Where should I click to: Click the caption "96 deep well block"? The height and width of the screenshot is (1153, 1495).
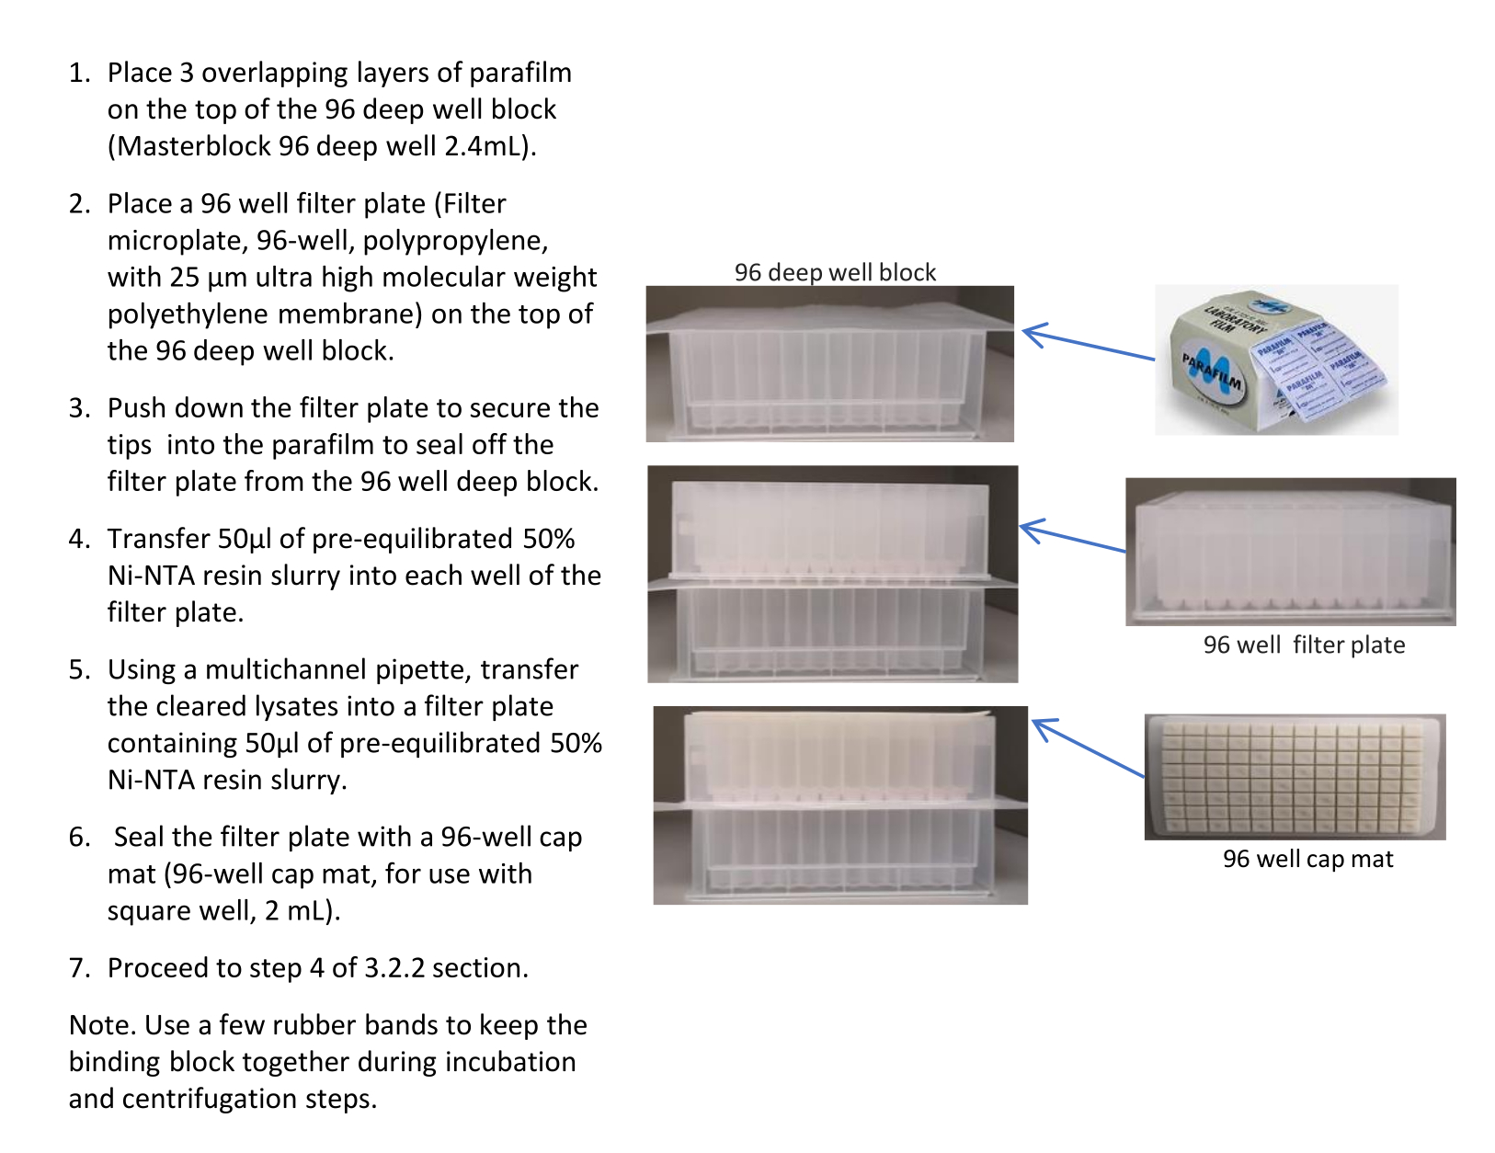(834, 272)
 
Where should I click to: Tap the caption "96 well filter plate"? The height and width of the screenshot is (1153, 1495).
(1303, 645)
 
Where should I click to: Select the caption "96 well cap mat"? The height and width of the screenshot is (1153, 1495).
(1307, 859)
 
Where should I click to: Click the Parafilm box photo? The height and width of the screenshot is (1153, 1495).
(1276, 360)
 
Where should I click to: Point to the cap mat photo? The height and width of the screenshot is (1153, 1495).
(1295, 776)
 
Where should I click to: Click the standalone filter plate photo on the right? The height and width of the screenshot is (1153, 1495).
(1290, 551)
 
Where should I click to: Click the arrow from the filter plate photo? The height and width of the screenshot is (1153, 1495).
(1073, 537)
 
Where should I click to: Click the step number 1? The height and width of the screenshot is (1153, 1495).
(80, 74)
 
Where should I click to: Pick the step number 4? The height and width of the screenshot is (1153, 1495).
(80, 539)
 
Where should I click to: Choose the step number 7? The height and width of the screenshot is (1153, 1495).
(80, 968)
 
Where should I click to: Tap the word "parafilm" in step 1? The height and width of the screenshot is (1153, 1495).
(519, 74)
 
